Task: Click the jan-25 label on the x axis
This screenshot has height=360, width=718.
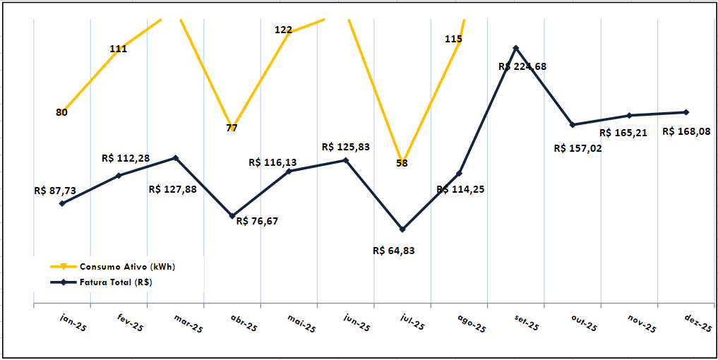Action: point(73,323)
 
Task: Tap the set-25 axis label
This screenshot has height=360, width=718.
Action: point(526,323)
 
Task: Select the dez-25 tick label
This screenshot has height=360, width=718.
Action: point(698,323)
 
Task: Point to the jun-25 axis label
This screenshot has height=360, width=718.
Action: point(357,323)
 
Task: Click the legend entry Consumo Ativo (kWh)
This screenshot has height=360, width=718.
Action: point(127,267)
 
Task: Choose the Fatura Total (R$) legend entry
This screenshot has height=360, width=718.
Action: point(116,282)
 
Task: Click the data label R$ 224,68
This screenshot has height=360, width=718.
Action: point(522,66)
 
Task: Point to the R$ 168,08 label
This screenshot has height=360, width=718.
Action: point(686,131)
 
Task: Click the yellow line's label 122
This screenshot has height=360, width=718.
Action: point(283,30)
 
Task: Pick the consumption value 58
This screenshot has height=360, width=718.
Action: point(402,163)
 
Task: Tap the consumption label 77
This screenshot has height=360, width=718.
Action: point(232,128)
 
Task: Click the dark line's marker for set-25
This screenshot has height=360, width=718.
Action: point(516,48)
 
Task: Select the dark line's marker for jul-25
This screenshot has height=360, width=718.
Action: point(402,229)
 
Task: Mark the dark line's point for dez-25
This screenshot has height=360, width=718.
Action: point(686,112)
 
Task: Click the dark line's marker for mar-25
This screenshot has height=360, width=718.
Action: point(176,158)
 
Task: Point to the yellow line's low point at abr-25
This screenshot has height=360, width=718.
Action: point(232,124)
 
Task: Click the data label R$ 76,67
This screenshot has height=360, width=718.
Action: point(258,221)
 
